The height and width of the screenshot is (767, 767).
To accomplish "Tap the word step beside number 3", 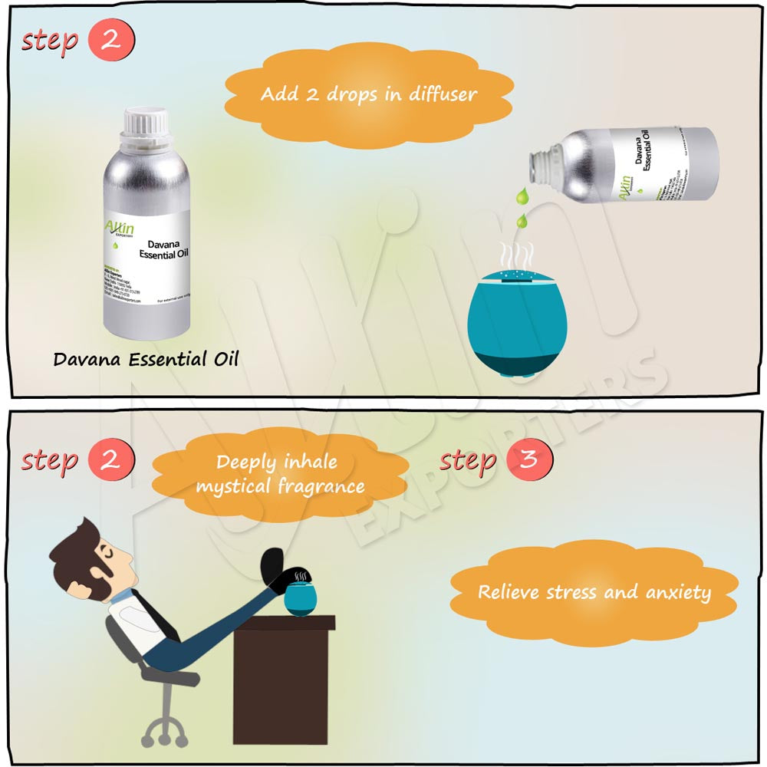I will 468,461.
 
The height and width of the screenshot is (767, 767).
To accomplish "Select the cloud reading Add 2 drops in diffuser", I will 368,94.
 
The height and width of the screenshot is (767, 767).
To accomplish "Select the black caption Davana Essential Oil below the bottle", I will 146,358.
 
